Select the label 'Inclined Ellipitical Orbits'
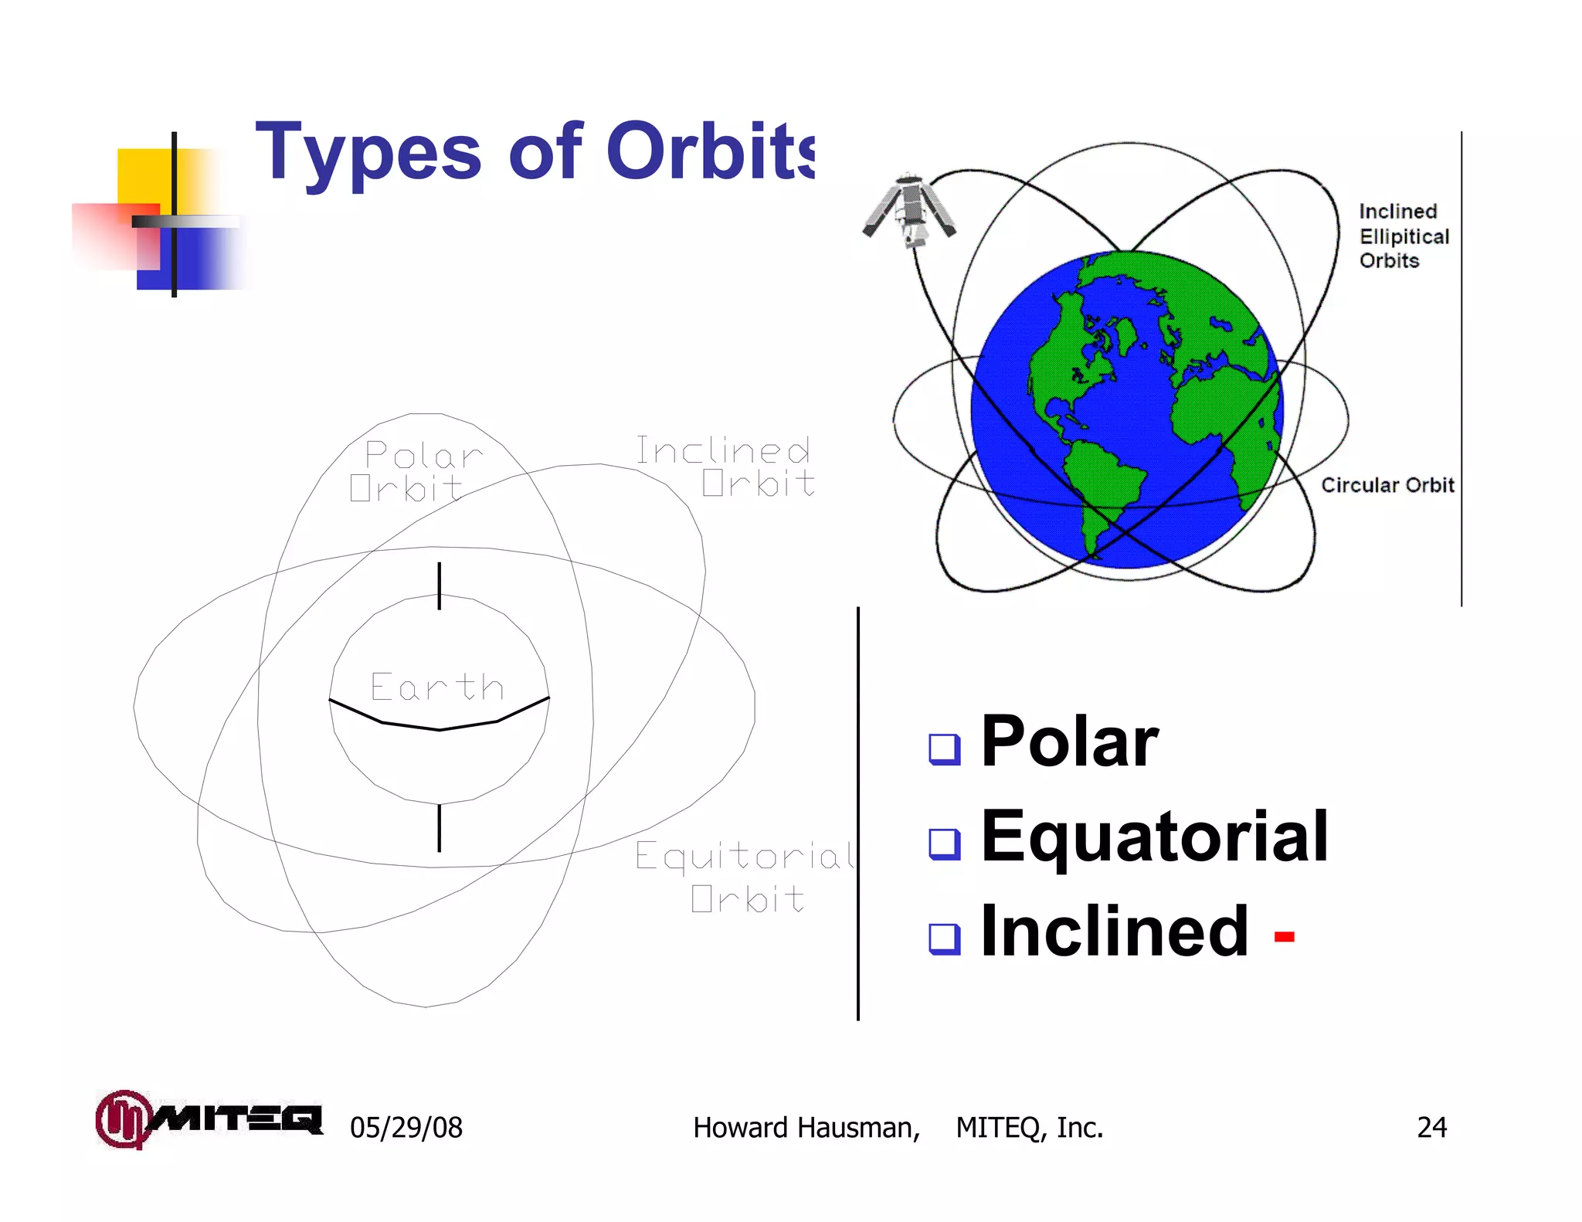[x=1403, y=236]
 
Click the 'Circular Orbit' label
[x=1387, y=485]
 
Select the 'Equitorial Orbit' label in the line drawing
[x=745, y=877]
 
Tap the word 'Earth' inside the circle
[x=437, y=687]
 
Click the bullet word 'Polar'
[x=1069, y=742]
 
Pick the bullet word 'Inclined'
[x=1114, y=932]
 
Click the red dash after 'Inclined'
[x=1284, y=937]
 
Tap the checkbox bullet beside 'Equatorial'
[x=944, y=844]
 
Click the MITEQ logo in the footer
[x=209, y=1119]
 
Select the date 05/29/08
[x=406, y=1128]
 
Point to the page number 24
[x=1431, y=1128]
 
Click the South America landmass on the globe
[x=1101, y=483]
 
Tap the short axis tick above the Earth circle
[x=440, y=586]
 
